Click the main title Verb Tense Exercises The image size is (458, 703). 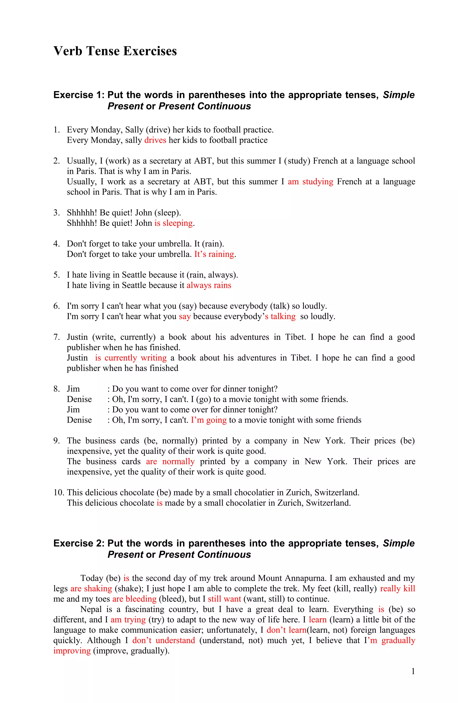click(115, 51)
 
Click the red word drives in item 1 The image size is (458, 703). click(155, 140)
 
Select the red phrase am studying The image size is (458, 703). click(310, 181)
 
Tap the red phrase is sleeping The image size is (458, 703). click(173, 223)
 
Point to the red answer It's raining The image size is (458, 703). click(214, 254)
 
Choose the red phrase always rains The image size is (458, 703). click(209, 285)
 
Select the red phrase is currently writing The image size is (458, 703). click(131, 358)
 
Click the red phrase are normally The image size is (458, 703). click(170, 461)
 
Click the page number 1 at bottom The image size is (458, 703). click(413, 671)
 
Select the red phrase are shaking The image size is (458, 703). click(91, 588)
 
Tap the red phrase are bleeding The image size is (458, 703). click(134, 599)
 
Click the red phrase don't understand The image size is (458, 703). click(164, 640)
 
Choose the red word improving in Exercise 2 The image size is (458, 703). click(72, 650)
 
